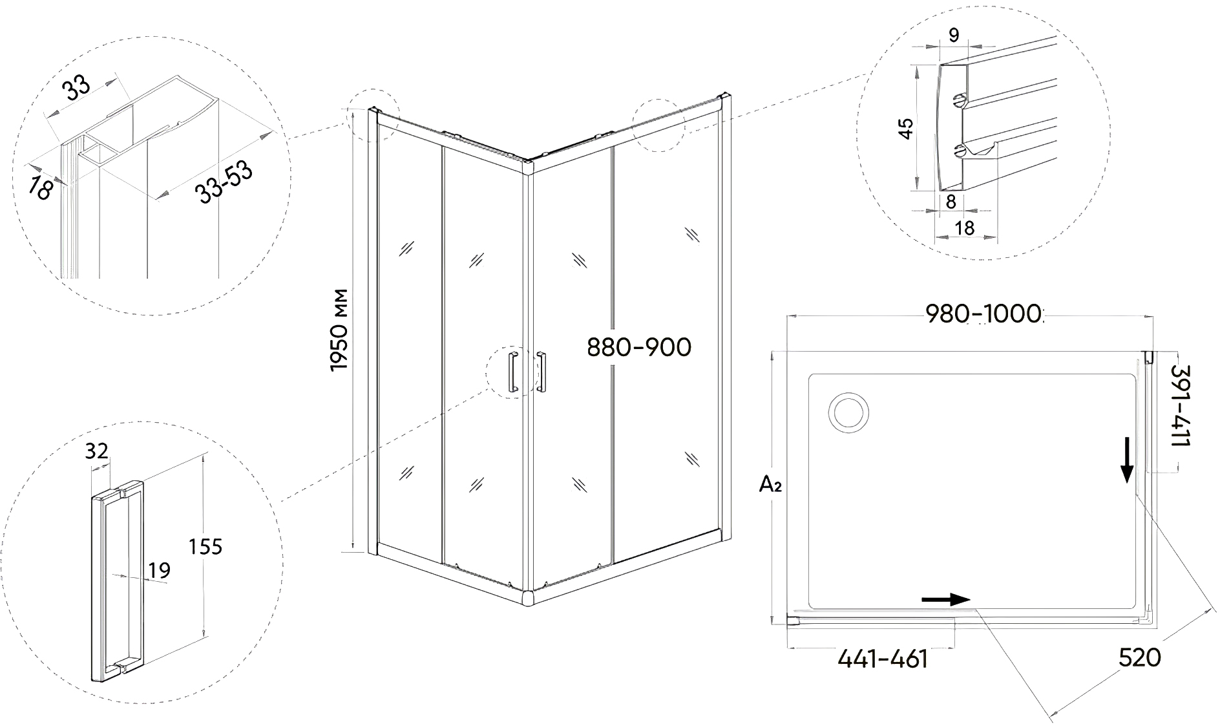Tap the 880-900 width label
[639, 348]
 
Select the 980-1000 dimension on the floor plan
[984, 314]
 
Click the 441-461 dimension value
[883, 659]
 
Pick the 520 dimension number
[1140, 658]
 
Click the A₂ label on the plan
[770, 484]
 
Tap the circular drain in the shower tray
[849, 411]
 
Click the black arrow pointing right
[945, 599]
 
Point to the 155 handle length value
[205, 547]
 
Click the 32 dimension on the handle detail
[96, 451]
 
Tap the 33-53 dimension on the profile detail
[224, 182]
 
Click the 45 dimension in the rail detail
[905, 129]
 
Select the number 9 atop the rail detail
[954, 36]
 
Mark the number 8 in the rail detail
[951, 202]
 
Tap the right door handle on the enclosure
[542, 372]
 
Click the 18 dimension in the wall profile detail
[41, 188]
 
